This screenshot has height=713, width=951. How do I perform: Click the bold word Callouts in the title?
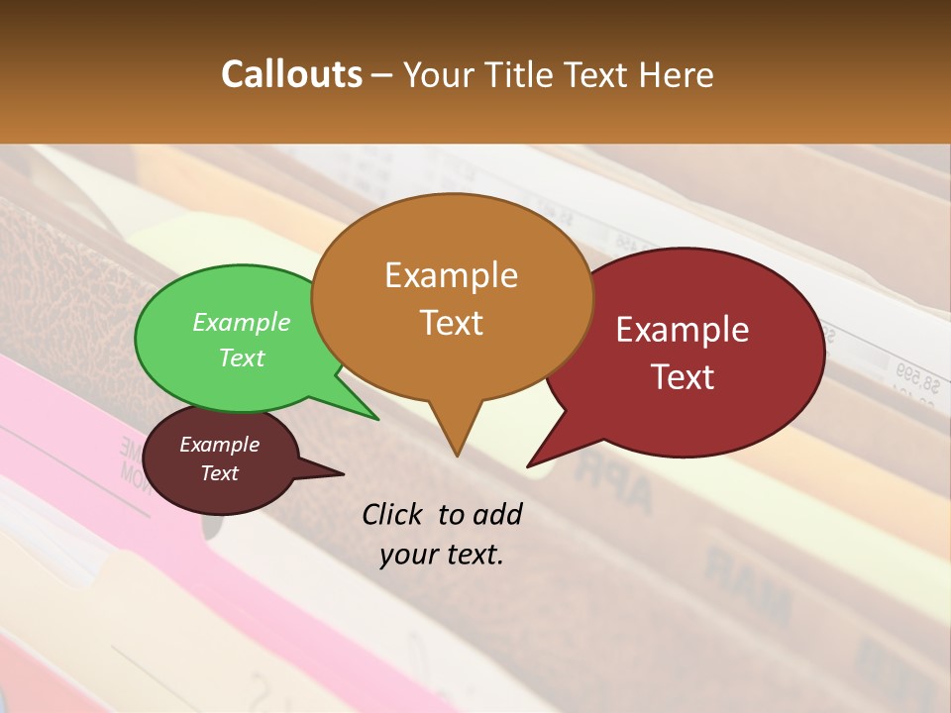(291, 74)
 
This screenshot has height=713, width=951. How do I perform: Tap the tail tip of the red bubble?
(529, 465)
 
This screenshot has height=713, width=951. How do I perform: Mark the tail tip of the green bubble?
(377, 419)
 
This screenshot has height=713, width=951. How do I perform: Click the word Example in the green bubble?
(242, 322)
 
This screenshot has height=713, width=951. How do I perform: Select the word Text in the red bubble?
(683, 376)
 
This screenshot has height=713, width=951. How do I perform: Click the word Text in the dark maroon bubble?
(220, 473)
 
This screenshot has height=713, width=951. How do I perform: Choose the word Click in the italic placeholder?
(393, 514)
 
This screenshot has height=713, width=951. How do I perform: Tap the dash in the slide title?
(382, 75)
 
